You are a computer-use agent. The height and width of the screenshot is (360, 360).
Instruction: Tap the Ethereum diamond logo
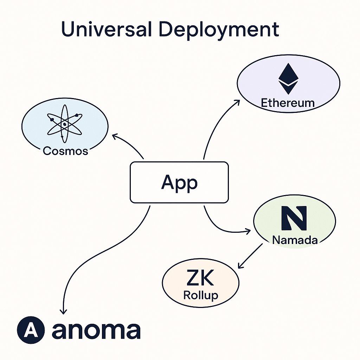pyautogui.click(x=288, y=79)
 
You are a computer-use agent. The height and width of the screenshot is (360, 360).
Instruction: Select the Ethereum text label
pyautogui.click(x=288, y=103)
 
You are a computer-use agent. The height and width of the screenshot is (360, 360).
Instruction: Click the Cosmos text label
pyautogui.click(x=65, y=151)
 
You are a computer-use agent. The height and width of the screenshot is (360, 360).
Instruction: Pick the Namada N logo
pyautogui.click(x=295, y=218)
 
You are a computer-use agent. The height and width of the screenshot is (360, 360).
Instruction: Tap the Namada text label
pyautogui.click(x=295, y=240)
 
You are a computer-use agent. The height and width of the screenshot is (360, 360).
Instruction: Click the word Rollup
pyautogui.click(x=201, y=295)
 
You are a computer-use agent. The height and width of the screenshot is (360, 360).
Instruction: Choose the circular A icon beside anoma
pyautogui.click(x=31, y=331)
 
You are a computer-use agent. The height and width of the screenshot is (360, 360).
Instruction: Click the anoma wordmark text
pyautogui.click(x=96, y=331)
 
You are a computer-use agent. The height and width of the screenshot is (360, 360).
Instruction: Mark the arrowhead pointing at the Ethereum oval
pyautogui.click(x=237, y=102)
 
